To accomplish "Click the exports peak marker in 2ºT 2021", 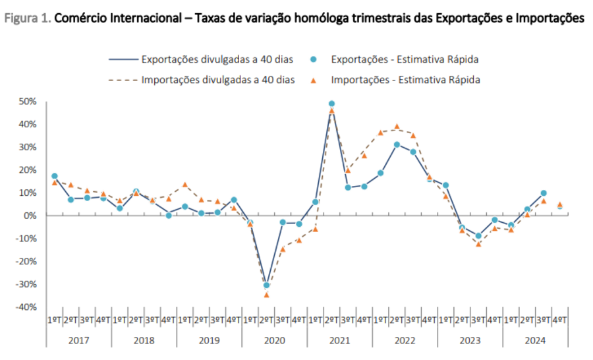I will click(x=331, y=104).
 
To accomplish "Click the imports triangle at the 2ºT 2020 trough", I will click(x=266, y=295).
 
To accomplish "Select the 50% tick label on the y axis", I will click(x=27, y=102).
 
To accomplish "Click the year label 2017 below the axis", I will click(x=78, y=340).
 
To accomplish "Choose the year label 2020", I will click(x=274, y=340).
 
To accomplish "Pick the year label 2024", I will click(x=535, y=340).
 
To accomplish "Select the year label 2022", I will click(x=405, y=340).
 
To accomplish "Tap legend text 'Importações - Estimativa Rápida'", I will click(x=406, y=80).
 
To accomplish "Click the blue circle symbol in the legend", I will click(x=313, y=59).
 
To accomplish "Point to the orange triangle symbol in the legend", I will click(x=313, y=79).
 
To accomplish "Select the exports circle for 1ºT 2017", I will click(x=54, y=176).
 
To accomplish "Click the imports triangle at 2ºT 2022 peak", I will click(x=397, y=127).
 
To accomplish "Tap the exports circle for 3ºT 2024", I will click(x=544, y=193).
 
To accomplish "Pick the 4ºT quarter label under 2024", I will click(x=560, y=320).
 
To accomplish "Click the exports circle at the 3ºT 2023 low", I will click(x=478, y=235).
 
